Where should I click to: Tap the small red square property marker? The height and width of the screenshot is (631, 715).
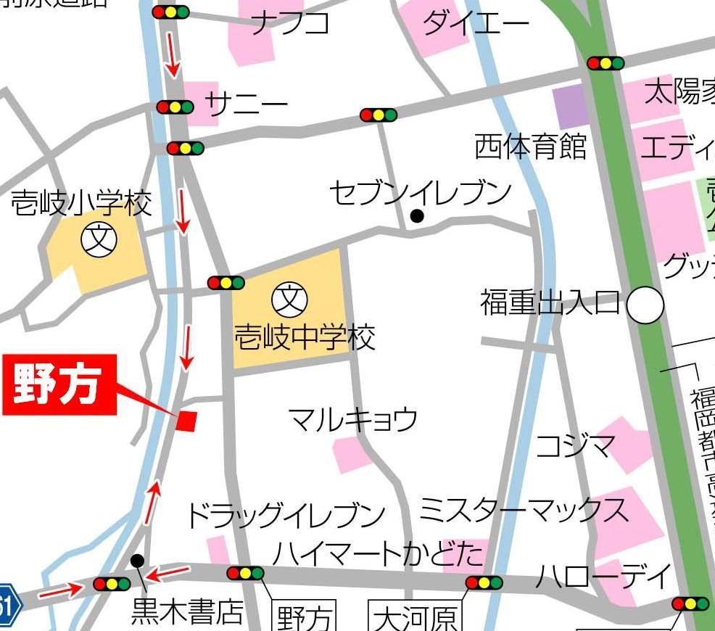point(186,421)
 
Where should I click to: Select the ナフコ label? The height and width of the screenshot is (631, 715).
point(290,24)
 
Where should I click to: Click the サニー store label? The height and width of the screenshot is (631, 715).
point(247,106)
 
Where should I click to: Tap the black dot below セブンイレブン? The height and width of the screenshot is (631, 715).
point(417,215)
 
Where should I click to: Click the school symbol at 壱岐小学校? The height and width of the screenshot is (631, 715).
point(99,240)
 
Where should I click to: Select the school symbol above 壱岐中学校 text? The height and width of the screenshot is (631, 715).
point(290,298)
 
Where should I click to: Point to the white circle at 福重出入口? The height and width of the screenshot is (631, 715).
point(645,305)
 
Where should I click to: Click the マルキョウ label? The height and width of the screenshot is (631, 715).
point(352,419)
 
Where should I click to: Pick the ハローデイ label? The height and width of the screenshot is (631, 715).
point(603,577)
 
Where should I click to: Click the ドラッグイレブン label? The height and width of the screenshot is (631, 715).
point(285,516)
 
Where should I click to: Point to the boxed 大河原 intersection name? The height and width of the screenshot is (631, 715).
point(415,617)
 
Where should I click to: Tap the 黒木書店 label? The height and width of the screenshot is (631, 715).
point(186,614)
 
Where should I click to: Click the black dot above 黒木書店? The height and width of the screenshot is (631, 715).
point(136,560)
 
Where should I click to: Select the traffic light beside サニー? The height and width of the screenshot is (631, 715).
point(175,107)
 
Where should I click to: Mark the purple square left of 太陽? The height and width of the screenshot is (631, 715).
point(569,107)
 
